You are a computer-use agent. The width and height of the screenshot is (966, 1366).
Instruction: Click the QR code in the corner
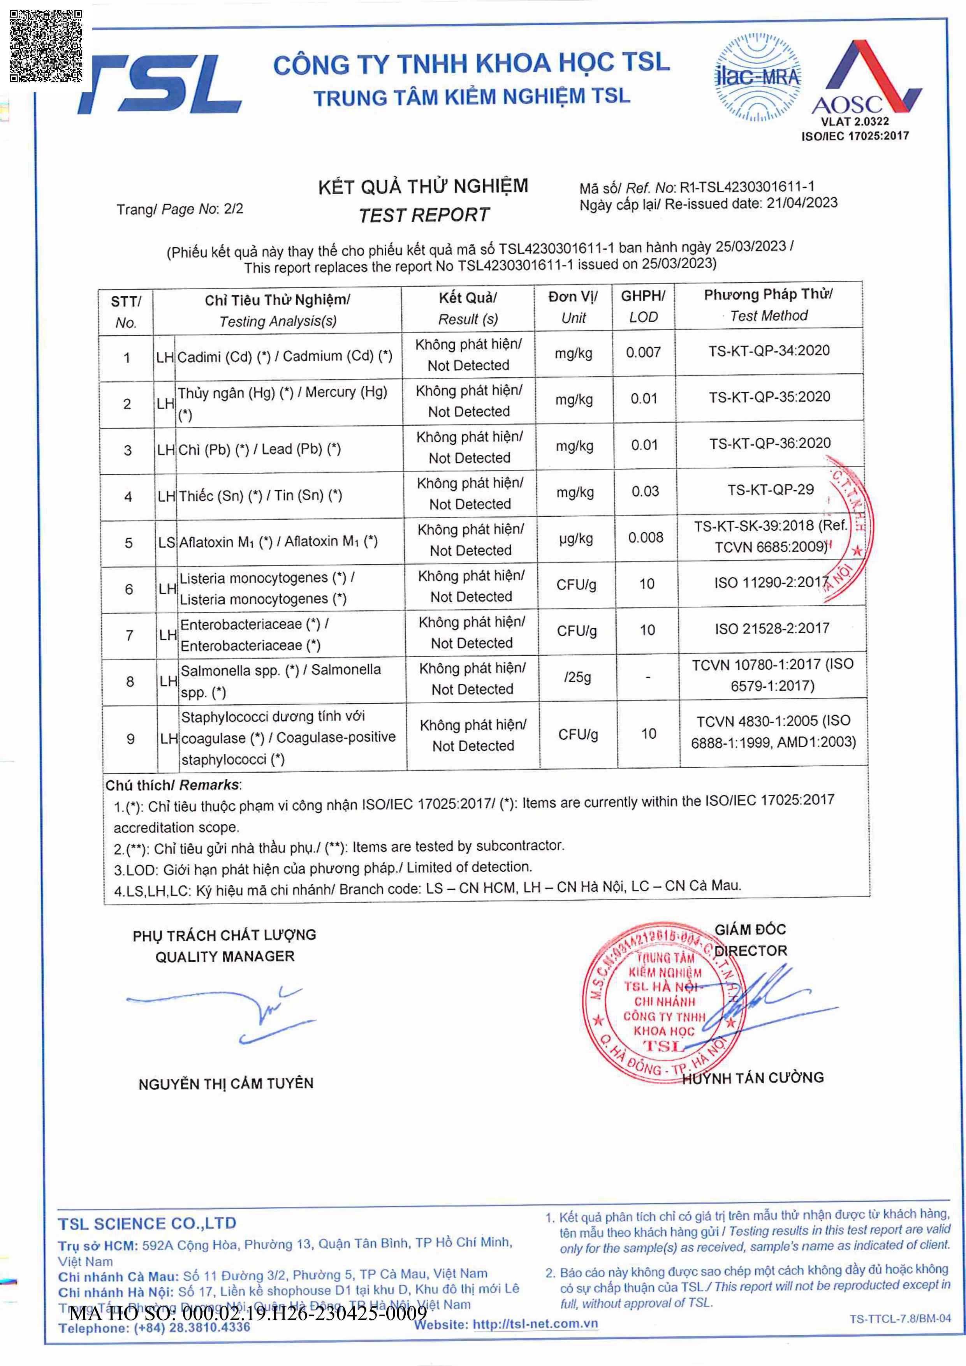[46, 46]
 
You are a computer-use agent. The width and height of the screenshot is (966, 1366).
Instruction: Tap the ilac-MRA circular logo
[757, 77]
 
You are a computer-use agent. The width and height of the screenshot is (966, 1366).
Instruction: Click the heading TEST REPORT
[424, 215]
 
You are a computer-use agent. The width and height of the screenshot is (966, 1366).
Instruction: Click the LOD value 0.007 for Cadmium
[643, 352]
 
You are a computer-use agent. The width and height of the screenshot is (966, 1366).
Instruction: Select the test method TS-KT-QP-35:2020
[769, 397]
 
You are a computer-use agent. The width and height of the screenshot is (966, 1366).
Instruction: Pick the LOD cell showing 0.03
[645, 491]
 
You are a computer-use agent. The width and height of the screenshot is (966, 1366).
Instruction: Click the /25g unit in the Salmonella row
[577, 677]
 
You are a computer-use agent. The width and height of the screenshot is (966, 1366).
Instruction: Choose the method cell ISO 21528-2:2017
[771, 628]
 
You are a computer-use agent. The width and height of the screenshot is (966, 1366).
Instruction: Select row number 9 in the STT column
[130, 739]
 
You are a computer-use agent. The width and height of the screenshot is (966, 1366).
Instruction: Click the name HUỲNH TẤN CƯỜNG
[753, 1077]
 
